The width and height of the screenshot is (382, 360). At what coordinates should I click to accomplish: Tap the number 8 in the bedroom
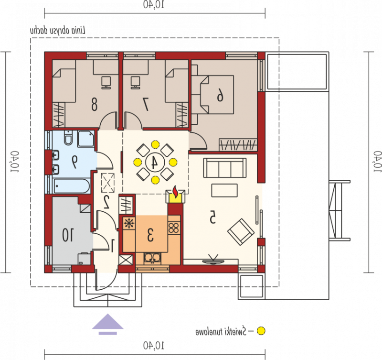(94, 104)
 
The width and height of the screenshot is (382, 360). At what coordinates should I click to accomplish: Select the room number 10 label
(67, 235)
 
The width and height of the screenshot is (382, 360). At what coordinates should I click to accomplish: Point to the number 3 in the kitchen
(150, 235)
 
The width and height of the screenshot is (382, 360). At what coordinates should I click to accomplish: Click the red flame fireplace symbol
(175, 191)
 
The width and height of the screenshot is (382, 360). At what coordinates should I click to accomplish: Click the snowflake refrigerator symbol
(129, 223)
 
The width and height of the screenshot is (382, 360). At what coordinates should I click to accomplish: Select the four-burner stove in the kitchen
(174, 228)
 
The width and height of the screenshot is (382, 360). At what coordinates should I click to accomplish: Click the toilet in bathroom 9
(68, 138)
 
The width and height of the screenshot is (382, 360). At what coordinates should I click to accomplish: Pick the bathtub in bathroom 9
(72, 186)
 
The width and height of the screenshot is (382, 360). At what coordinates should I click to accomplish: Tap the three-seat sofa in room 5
(224, 168)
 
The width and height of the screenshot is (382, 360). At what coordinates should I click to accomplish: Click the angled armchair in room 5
(241, 232)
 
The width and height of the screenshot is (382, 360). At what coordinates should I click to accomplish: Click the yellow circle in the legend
(261, 331)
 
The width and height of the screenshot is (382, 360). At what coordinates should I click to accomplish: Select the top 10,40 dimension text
(154, 5)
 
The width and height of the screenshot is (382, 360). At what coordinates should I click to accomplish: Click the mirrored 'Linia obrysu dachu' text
(58, 31)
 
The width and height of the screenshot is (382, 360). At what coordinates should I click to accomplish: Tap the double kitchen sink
(152, 258)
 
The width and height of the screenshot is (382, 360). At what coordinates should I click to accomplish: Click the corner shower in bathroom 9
(86, 139)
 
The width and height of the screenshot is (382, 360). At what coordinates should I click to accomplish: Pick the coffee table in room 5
(224, 190)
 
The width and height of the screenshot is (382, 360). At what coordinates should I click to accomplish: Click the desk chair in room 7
(135, 82)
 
